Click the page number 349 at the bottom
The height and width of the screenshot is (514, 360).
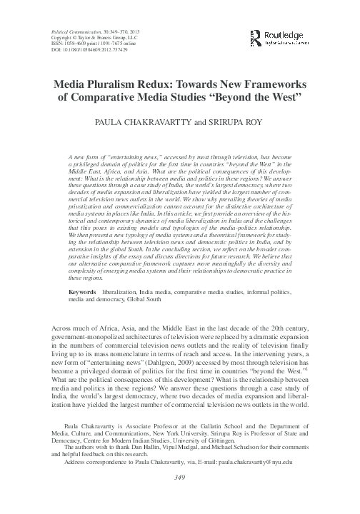[180, 497]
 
